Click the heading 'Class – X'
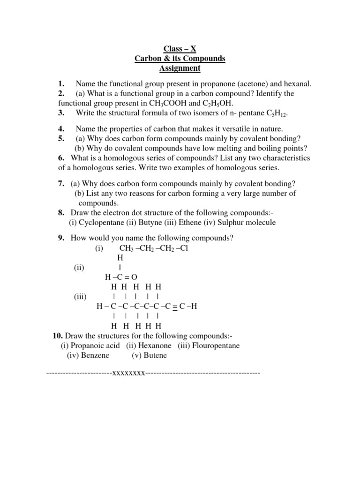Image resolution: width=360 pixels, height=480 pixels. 180,49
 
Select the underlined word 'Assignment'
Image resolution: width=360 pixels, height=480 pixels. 180,68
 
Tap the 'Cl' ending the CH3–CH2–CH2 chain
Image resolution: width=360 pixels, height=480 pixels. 184,248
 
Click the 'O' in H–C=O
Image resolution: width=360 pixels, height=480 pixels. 134,277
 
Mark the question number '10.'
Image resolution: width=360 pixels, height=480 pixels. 57,336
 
